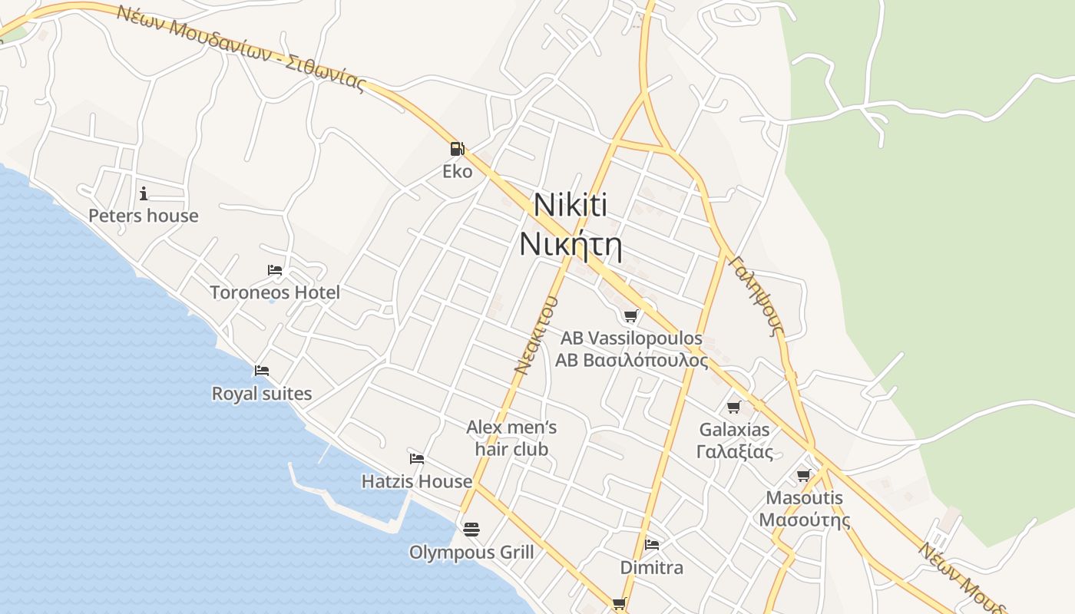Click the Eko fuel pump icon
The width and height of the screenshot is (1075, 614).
pos(457,148)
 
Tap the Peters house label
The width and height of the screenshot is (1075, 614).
pos(144,216)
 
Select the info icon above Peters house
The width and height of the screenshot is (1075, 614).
pos(144,193)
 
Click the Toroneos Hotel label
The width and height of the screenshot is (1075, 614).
pos(275,292)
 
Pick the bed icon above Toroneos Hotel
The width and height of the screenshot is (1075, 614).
pos(275,270)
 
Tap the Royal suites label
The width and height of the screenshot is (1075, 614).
pos(262,394)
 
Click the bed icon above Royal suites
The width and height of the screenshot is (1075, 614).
pos(262,371)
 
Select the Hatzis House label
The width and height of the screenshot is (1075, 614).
pos(417,481)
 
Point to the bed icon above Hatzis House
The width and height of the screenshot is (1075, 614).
pos(417,459)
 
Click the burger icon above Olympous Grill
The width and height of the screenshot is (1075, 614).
pos(471,529)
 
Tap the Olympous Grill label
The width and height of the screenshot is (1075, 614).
pos(471,552)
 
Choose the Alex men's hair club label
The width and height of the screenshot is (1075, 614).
pos(511,437)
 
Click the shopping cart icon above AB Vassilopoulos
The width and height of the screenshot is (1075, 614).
pos(631,315)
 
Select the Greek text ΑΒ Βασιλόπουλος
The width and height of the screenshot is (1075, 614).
pos(631,360)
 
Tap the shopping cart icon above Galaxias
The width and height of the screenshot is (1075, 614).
pos(734,407)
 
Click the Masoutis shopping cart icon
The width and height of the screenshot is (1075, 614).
pos(804,476)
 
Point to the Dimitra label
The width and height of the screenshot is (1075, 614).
pos(652,568)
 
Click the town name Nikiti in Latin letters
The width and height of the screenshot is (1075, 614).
pos(570,205)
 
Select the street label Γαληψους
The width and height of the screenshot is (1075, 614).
pos(757,296)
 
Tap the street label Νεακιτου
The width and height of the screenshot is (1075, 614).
pos(535,335)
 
